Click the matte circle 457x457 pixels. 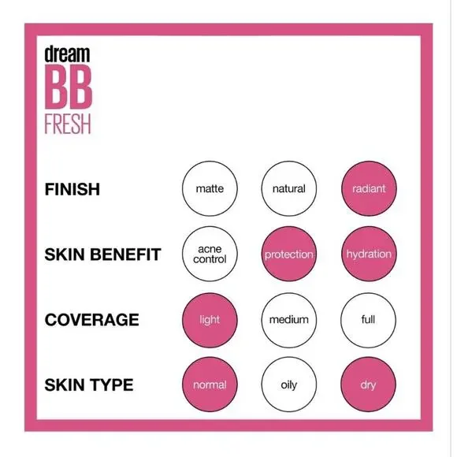tap(210, 189)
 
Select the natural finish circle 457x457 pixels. tap(288, 189)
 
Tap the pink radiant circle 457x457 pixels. tap(368, 189)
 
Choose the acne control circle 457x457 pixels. tap(210, 255)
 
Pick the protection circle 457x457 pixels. tap(288, 255)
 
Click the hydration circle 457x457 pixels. tap(368, 255)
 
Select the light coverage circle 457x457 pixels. tap(210, 320)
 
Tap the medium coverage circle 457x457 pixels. tap(288, 320)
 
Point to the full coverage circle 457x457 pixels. tap(368, 320)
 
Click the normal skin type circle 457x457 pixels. tap(210, 385)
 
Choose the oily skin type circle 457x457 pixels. tap(288, 385)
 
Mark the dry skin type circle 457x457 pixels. tap(368, 385)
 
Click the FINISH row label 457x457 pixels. tap(72, 190)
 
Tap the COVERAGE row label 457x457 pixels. tap(91, 321)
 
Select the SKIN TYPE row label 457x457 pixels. tap(88, 386)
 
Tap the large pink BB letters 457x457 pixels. tap(69, 88)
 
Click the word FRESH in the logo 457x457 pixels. tap(69, 124)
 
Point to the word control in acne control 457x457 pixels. tap(210, 260)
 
